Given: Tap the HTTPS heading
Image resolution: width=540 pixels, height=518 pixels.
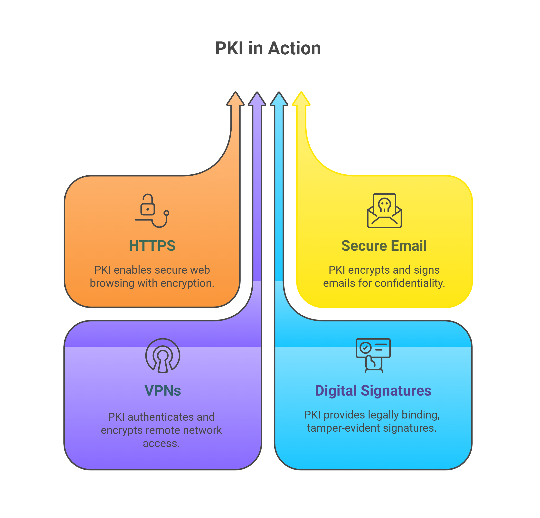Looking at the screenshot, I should (152, 246).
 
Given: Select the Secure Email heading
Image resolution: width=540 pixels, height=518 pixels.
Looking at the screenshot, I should (384, 246).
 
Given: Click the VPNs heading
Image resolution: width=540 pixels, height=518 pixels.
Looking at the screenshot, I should (162, 390).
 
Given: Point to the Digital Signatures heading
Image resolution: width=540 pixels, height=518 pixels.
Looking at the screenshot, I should (373, 390).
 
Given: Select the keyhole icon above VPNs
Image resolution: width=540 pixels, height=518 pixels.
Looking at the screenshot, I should (162, 356).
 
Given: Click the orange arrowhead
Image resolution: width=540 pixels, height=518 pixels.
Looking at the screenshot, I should (235, 100).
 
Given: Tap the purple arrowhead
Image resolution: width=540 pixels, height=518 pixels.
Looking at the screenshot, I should (257, 100).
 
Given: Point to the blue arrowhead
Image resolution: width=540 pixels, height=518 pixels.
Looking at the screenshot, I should (279, 100).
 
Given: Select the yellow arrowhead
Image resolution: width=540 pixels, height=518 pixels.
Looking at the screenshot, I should (301, 100).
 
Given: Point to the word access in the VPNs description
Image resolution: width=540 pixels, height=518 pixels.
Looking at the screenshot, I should (161, 443).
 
